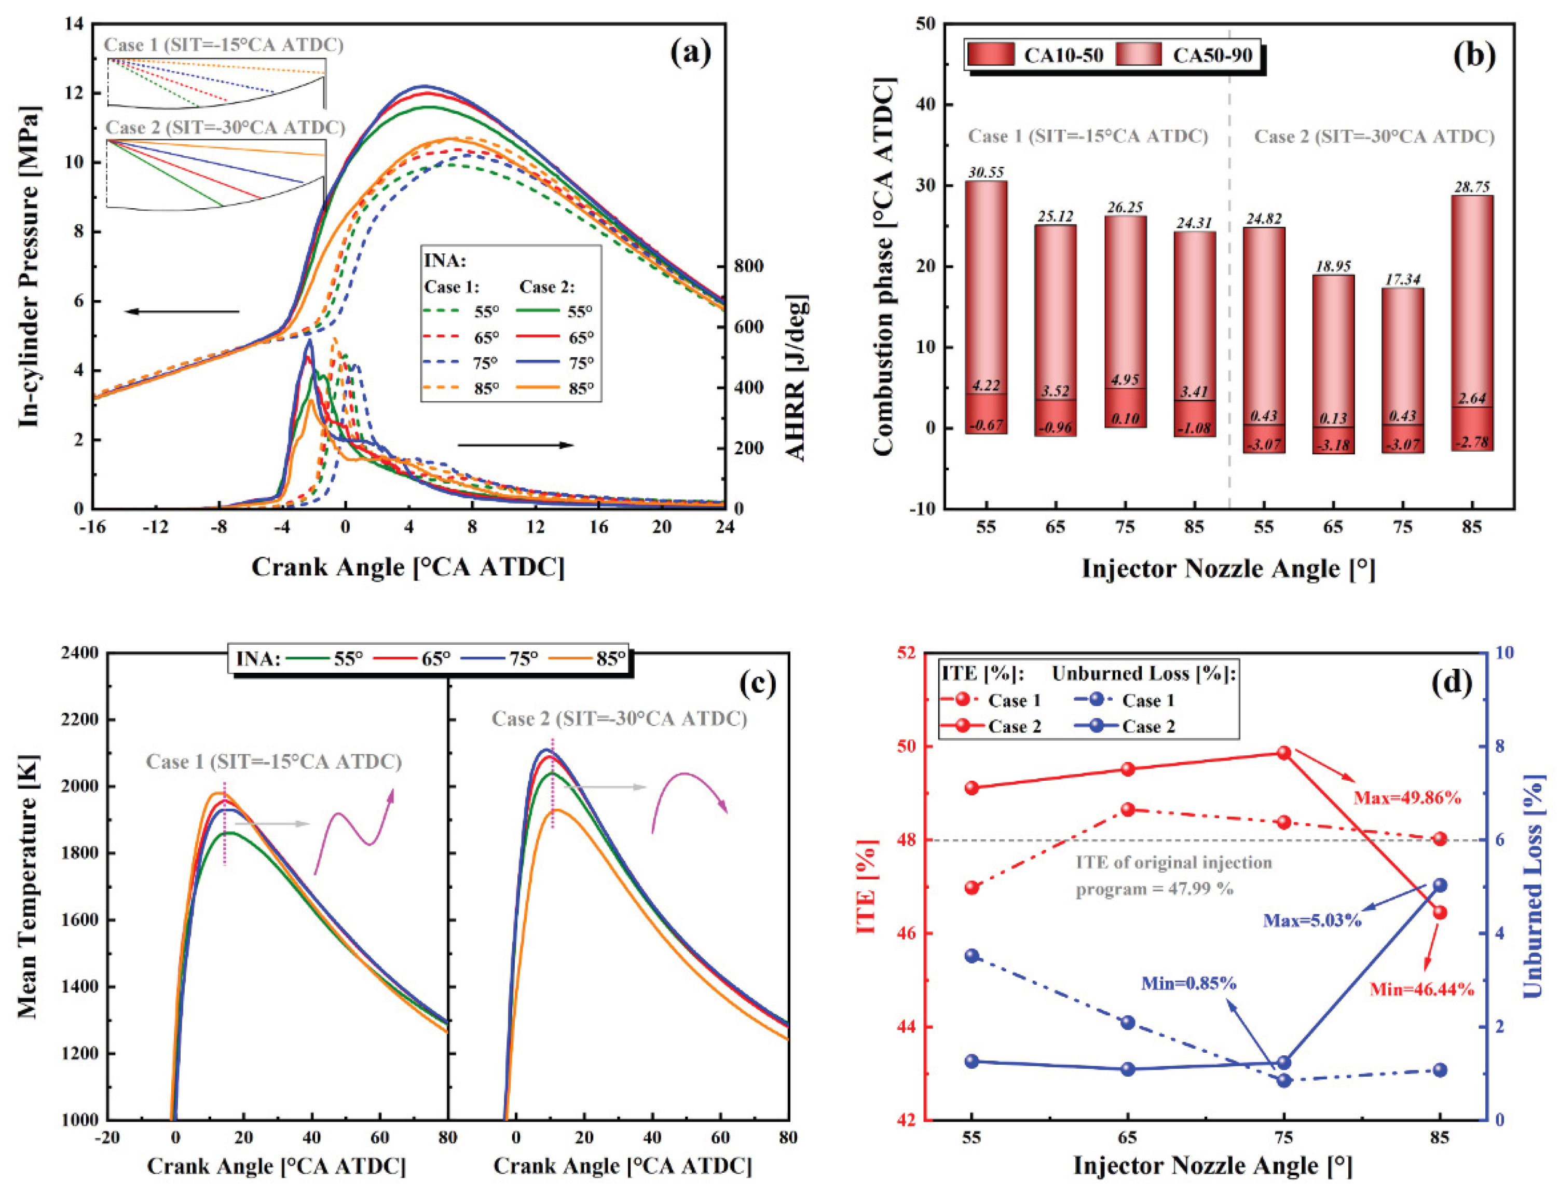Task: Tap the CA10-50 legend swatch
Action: (991, 55)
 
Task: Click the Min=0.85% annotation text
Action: (1188, 983)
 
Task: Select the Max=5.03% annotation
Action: (1312, 920)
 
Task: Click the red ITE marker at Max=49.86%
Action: (1284, 753)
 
